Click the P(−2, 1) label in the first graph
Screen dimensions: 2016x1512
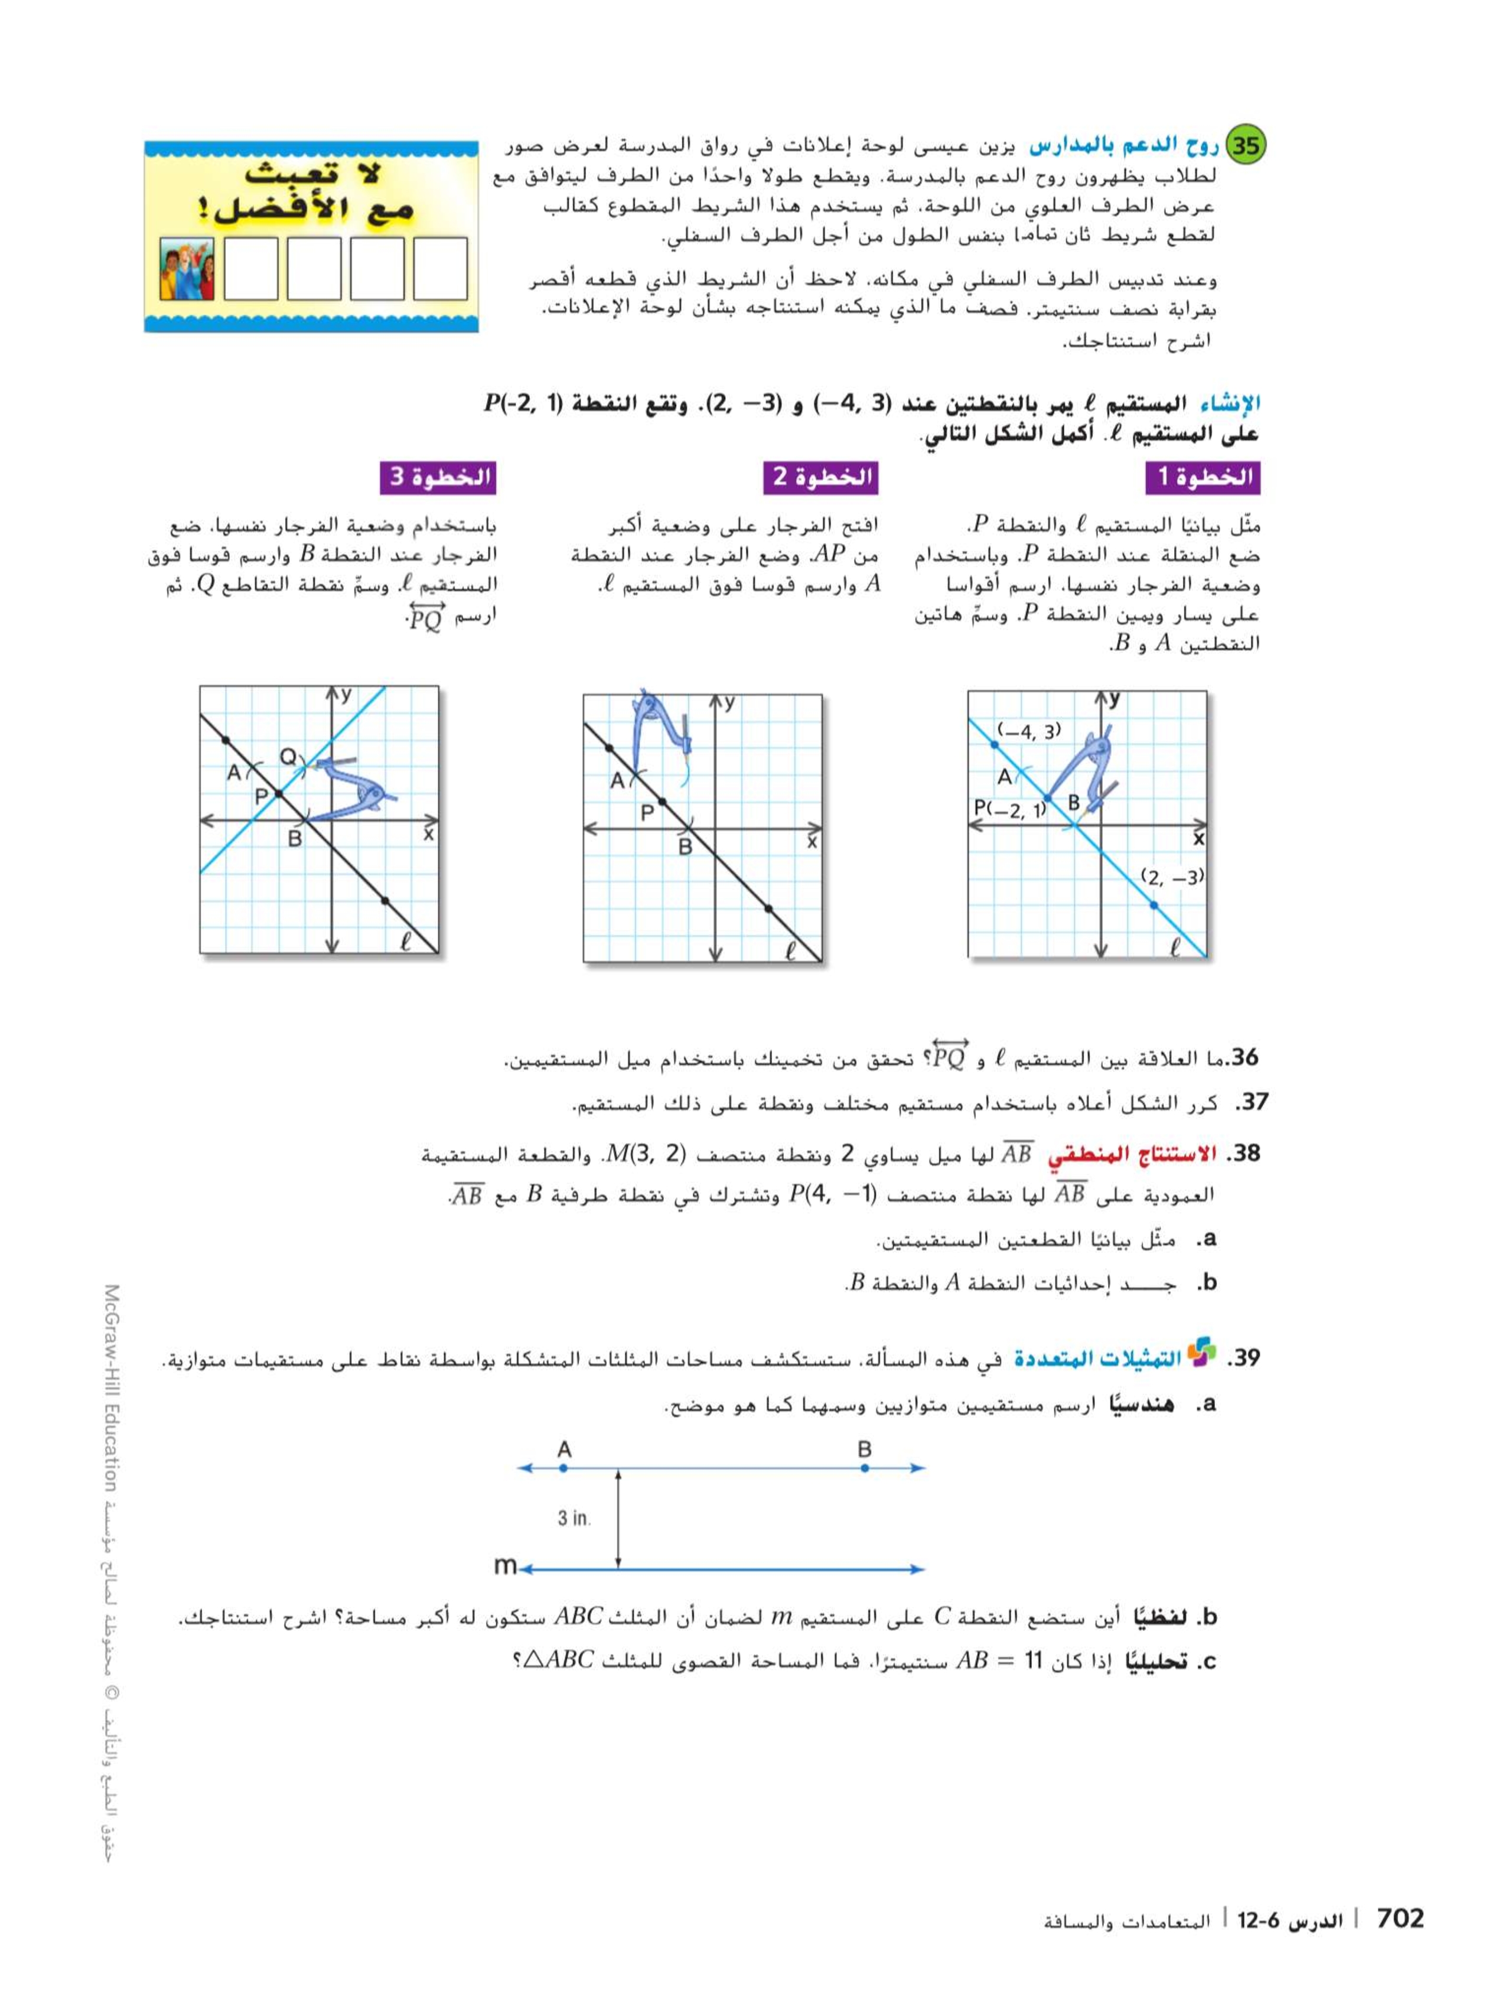pos(1007,809)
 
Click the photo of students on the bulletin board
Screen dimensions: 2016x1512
pos(187,269)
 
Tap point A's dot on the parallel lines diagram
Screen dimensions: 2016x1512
pos(563,1468)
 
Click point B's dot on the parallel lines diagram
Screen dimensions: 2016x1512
pos(864,1468)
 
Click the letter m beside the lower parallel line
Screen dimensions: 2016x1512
pos(504,1565)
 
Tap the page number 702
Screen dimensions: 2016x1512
pos(1399,1919)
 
